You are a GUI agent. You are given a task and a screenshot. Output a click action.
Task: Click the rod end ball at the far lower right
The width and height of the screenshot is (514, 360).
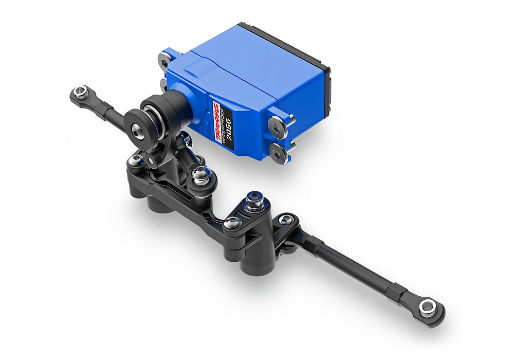click(426, 308)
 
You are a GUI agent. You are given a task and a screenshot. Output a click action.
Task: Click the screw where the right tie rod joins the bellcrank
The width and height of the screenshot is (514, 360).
click(285, 220)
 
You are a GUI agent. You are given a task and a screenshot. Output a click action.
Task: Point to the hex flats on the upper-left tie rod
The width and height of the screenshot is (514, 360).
click(107, 107)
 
